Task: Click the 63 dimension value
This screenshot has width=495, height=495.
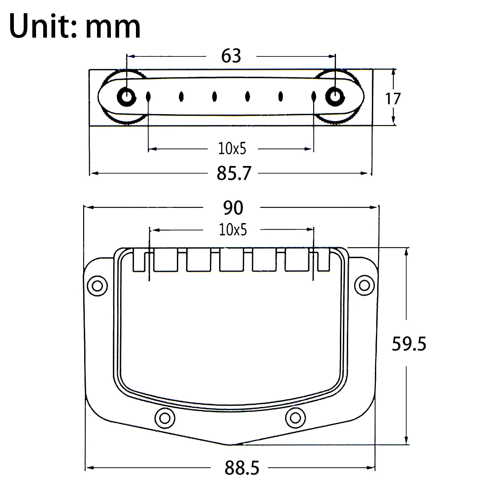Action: click(231, 56)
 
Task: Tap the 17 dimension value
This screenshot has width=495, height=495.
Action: click(393, 99)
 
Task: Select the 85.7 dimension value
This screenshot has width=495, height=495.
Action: click(234, 173)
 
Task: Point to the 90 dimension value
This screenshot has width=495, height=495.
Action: click(233, 208)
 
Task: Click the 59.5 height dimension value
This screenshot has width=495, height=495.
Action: click(409, 344)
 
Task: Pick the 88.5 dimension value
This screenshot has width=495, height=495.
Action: click(242, 468)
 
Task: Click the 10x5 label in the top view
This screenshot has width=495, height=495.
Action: click(232, 149)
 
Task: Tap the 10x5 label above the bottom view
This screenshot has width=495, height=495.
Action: click(233, 230)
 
